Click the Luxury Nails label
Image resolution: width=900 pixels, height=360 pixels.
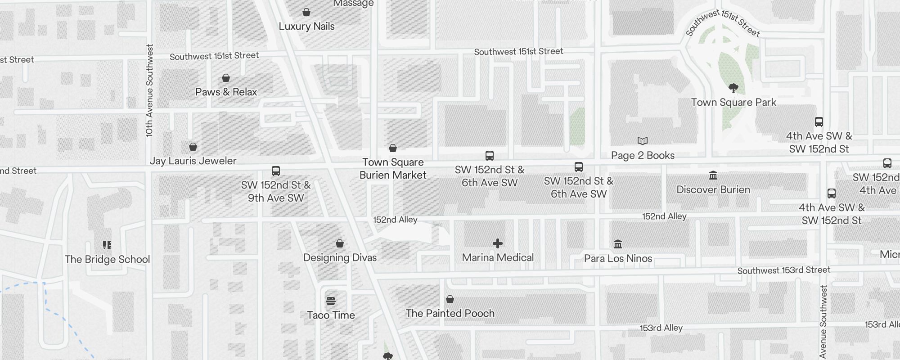pyautogui.click(x=306, y=26)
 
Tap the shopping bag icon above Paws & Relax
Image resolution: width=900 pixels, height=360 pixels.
pyautogui.click(x=226, y=78)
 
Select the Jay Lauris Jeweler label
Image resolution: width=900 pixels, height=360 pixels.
pyautogui.click(x=193, y=161)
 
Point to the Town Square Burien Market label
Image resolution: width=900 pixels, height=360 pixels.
pyautogui.click(x=393, y=169)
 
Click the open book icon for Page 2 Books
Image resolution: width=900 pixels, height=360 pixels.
pyautogui.click(x=643, y=141)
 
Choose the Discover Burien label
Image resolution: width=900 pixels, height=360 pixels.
pyautogui.click(x=713, y=189)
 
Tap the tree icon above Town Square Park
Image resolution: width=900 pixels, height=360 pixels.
pyautogui.click(x=733, y=88)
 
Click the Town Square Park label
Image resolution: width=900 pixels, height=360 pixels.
pyautogui.click(x=733, y=102)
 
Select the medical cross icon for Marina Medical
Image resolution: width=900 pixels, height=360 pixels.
pyautogui.click(x=498, y=243)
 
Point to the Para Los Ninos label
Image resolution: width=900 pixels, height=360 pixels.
pyautogui.click(x=618, y=258)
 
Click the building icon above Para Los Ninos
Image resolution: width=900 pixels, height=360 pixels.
pyautogui.click(x=618, y=244)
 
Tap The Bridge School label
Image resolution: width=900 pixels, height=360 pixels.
pyautogui.click(x=107, y=259)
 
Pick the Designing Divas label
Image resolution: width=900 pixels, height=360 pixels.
pyautogui.click(x=340, y=257)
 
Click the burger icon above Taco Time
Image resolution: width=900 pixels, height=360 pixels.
pyautogui.click(x=331, y=301)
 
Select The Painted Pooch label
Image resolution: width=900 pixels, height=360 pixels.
pyautogui.click(x=450, y=313)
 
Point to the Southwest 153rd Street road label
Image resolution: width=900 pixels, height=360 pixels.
pyautogui.click(x=784, y=270)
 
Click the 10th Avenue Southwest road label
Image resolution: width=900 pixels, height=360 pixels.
pyautogui.click(x=149, y=90)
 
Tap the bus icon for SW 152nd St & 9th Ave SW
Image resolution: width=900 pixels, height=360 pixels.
pyautogui.click(x=276, y=171)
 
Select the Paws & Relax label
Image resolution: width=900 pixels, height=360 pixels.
pyautogui.click(x=226, y=92)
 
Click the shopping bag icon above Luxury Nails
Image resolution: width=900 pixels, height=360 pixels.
pyautogui.click(x=306, y=12)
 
